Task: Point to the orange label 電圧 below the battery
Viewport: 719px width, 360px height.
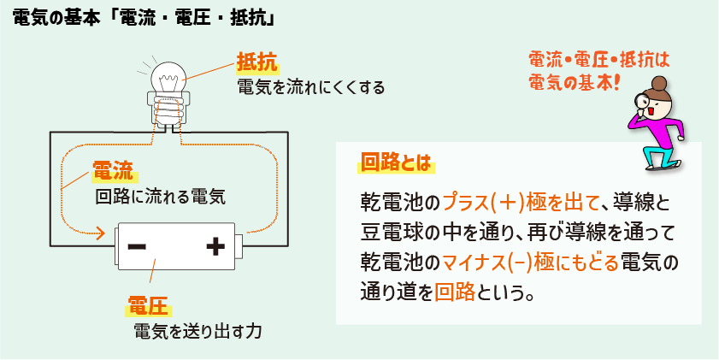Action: click(x=147, y=305)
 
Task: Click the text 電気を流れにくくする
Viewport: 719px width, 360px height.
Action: click(x=309, y=87)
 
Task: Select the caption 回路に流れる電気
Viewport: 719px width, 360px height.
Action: click(x=159, y=197)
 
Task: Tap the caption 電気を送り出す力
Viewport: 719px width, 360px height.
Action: click(x=197, y=331)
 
